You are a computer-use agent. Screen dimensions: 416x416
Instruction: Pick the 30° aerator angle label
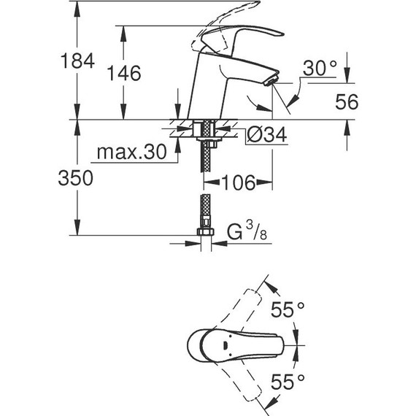(320, 68)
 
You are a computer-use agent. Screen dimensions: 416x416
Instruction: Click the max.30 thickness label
(132, 154)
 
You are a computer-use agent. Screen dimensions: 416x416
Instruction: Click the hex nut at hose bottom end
(205, 236)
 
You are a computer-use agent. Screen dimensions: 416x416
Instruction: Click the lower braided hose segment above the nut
(205, 212)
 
